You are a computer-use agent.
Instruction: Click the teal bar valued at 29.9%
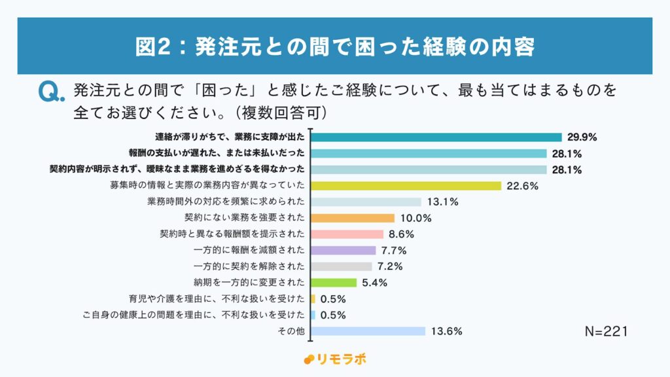pyautogui.click(x=436, y=137)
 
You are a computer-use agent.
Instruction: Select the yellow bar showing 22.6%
pyautogui.click(x=406, y=186)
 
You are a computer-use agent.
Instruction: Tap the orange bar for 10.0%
pyautogui.click(x=353, y=218)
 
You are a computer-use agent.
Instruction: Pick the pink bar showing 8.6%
pyautogui.click(x=347, y=234)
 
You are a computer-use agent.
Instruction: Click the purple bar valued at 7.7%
pyautogui.click(x=344, y=251)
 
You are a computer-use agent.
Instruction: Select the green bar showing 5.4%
pyautogui.click(x=334, y=283)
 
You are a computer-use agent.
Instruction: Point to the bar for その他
pyautogui.click(x=368, y=331)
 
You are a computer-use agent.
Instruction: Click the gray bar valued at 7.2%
pyautogui.click(x=342, y=266)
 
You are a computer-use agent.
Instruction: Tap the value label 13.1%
pyautogui.click(x=443, y=202)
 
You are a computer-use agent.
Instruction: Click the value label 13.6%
pyautogui.click(x=447, y=331)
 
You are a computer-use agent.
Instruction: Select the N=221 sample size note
pyautogui.click(x=606, y=332)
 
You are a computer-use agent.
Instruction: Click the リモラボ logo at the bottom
pyautogui.click(x=335, y=359)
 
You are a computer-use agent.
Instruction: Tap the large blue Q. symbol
pyautogui.click(x=52, y=92)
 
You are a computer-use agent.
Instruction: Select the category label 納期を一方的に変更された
pyautogui.click(x=249, y=283)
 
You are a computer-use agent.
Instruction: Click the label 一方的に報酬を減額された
pyautogui.click(x=249, y=251)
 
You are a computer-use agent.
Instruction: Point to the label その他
pyautogui.click(x=296, y=331)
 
